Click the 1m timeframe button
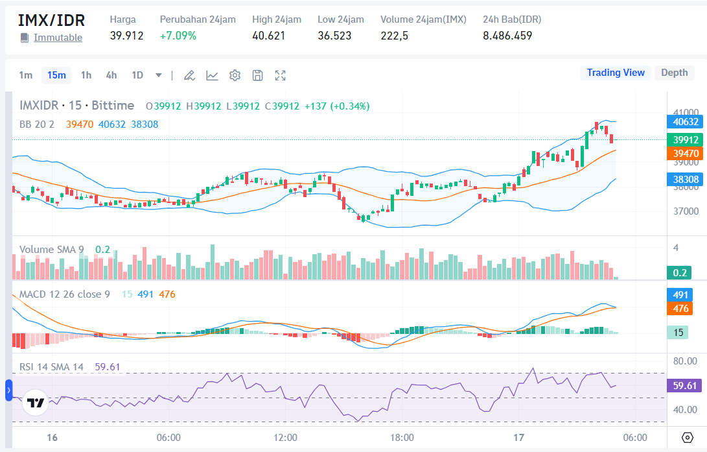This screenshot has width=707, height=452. tap(25, 75)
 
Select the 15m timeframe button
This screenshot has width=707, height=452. tap(56, 75)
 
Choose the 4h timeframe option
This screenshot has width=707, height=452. tap(111, 75)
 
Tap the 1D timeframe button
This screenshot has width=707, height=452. tap(137, 75)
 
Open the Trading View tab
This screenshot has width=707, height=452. tap(615, 73)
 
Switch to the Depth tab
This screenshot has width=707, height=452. tap(674, 73)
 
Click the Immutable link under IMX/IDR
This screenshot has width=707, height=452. tap(58, 38)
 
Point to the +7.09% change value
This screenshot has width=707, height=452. tap(178, 36)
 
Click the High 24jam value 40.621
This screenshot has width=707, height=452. tap(268, 36)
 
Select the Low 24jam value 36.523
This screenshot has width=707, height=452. tap(334, 36)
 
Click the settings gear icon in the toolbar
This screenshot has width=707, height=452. tap(235, 76)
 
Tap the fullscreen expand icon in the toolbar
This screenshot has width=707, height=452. tap(280, 76)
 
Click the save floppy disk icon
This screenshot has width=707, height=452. tap(257, 76)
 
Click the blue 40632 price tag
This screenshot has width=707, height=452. tap(686, 121)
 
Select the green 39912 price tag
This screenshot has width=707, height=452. tap(686, 139)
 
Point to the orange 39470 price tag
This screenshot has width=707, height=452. tap(686, 153)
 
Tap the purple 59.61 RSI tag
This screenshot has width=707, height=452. tap(685, 386)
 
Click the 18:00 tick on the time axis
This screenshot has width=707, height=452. tap(402, 438)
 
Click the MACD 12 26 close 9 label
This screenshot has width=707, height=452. tap(65, 294)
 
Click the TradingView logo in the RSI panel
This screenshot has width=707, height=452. tap(36, 403)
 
